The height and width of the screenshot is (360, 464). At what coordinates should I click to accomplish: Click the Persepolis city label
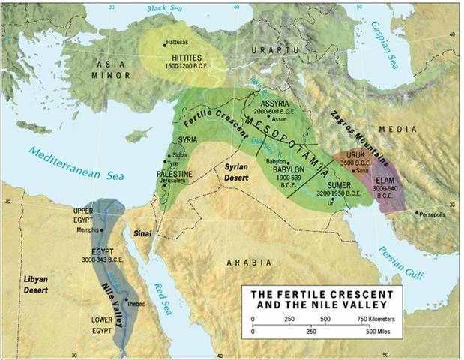(438, 214)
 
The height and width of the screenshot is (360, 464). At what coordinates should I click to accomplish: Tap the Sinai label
(143, 233)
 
